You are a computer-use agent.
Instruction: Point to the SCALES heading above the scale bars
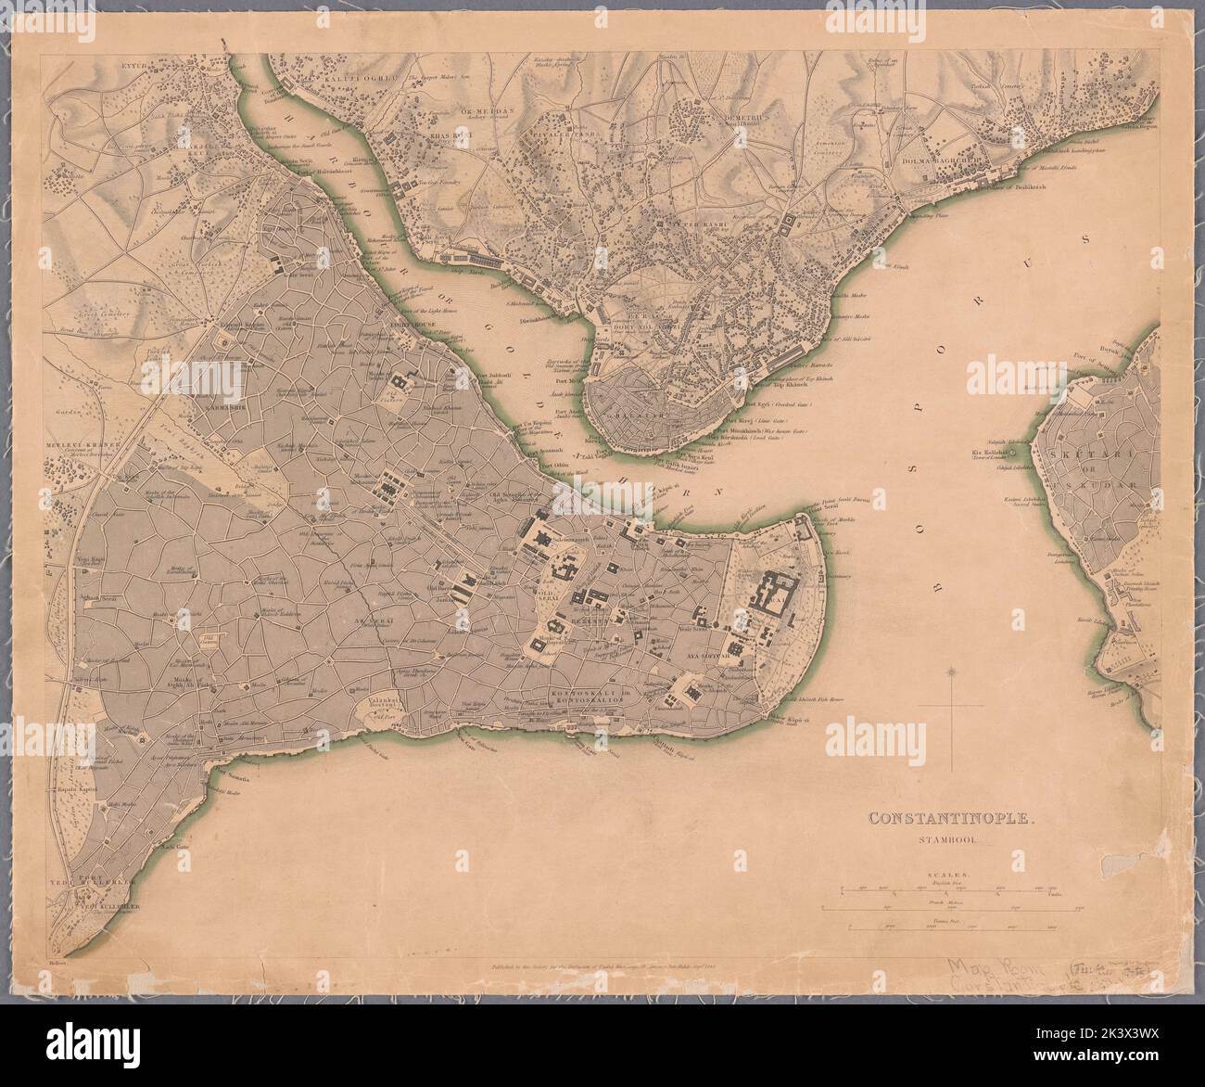pyautogui.click(x=945, y=874)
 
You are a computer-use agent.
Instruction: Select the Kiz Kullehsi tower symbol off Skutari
pyautogui.click(x=1014, y=453)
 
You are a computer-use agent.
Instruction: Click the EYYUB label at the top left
pyautogui.click(x=95, y=69)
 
